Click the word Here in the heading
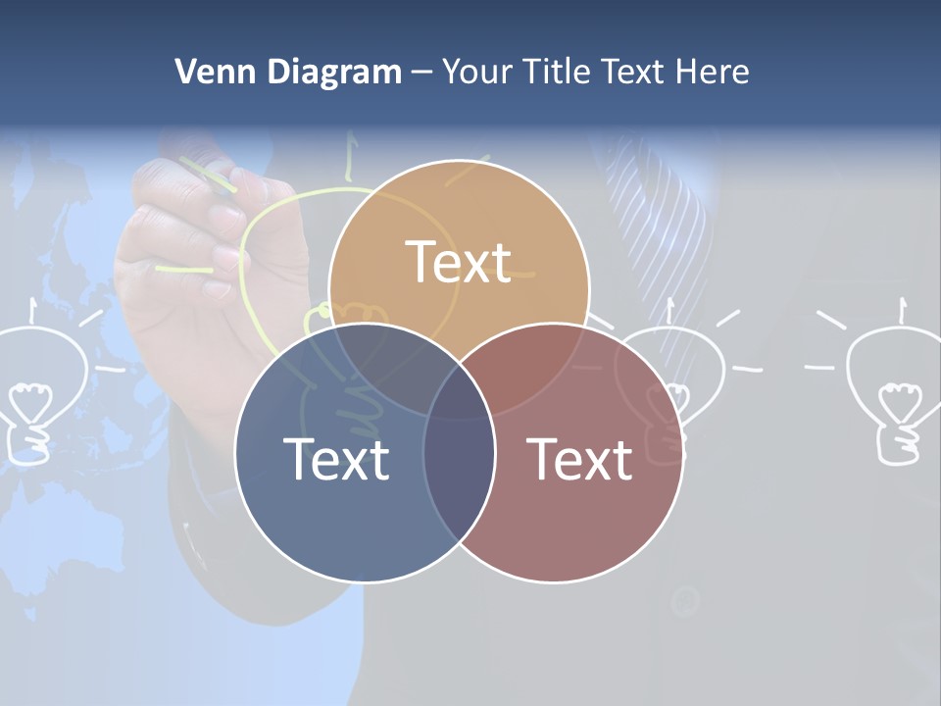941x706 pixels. (716, 71)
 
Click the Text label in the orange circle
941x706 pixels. (459, 262)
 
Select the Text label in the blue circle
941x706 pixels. (336, 458)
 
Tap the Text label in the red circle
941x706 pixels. (580, 458)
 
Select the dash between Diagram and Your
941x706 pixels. (421, 73)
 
